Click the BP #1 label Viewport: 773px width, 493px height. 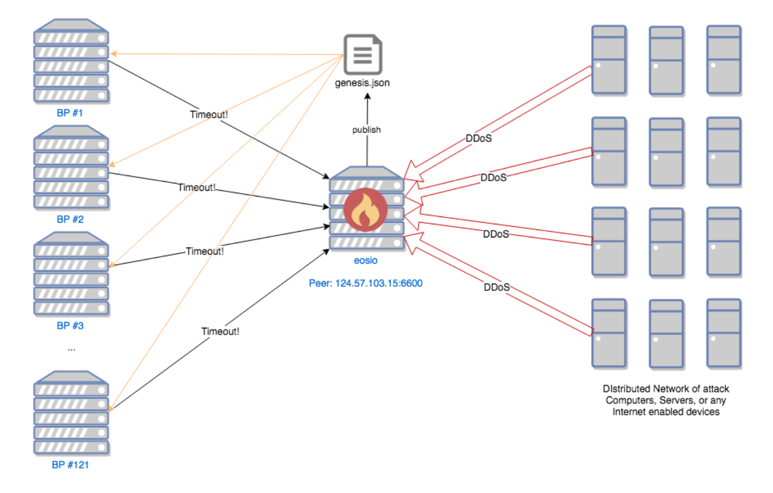coord(70,112)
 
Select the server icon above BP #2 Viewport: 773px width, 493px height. coord(70,168)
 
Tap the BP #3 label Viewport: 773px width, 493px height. coord(70,326)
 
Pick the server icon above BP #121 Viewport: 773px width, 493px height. coord(70,412)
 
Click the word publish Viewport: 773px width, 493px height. coord(367,129)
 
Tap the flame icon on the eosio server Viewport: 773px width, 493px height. coord(365,210)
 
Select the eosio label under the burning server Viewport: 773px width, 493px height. coord(365,261)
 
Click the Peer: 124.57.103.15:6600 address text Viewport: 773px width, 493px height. coord(365,283)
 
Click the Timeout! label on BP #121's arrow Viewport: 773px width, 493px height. coord(221,331)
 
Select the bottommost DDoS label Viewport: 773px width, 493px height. coord(496,287)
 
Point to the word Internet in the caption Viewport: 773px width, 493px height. coord(628,412)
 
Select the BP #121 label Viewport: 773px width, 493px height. coord(70,465)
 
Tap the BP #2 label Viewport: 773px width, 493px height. coord(70,219)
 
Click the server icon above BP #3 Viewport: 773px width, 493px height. coord(70,274)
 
